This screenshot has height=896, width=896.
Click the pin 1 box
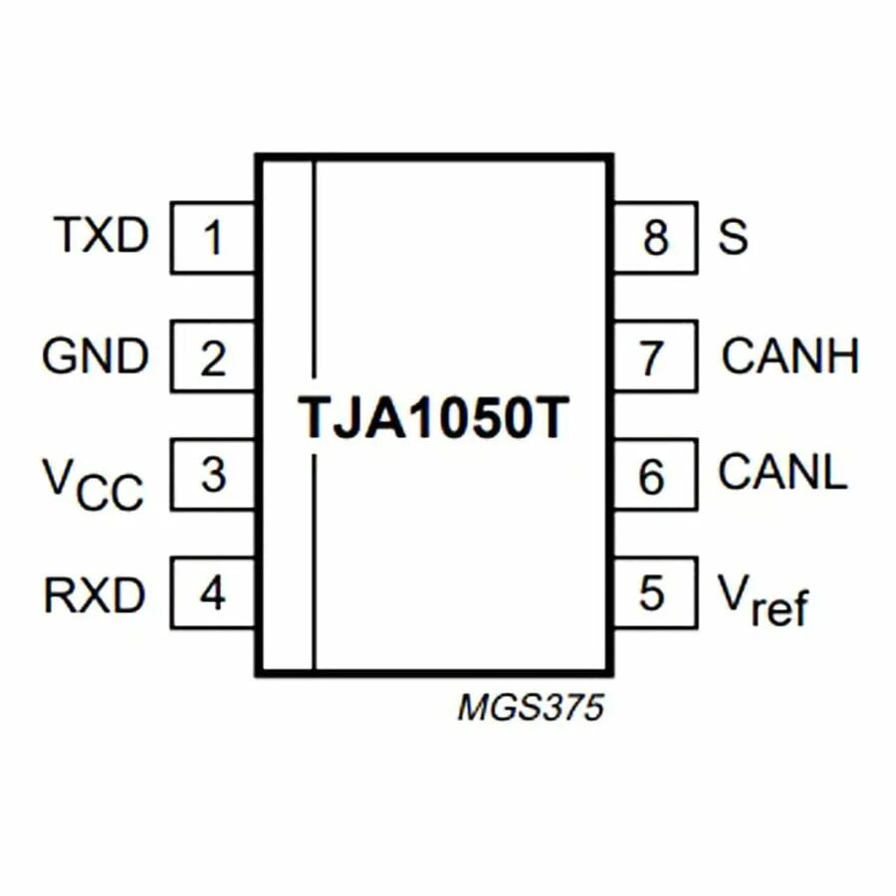pos(213,239)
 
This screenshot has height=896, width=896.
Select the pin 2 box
pos(213,356)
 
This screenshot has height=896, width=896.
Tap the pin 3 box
pos(213,475)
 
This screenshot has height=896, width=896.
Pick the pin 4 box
pos(213,593)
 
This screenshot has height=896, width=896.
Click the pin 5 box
pos(653,593)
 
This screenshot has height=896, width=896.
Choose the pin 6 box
pos(653,475)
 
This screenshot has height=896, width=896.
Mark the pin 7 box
pos(653,356)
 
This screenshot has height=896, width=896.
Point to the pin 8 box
pos(653,239)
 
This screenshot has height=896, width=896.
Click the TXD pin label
pos(102,237)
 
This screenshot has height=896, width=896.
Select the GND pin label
pos(96,356)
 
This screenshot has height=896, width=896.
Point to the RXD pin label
pos(95,595)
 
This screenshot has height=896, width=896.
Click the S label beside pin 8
pos(733,238)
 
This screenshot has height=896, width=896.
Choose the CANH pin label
pos(789,356)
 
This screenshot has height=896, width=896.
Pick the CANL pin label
pos(783,474)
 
